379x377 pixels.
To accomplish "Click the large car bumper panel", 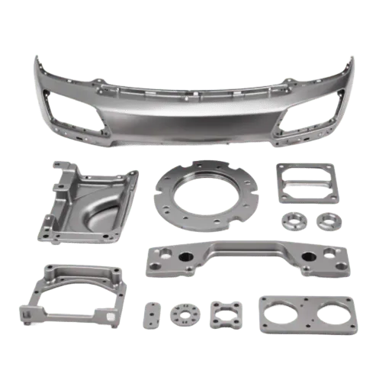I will tap(191, 114).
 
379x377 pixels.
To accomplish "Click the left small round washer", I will tap(294, 221).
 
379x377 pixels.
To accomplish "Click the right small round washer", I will tap(329, 222).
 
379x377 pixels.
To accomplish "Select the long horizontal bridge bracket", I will tap(243, 260).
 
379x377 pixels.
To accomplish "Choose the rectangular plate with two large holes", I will tap(305, 315).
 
